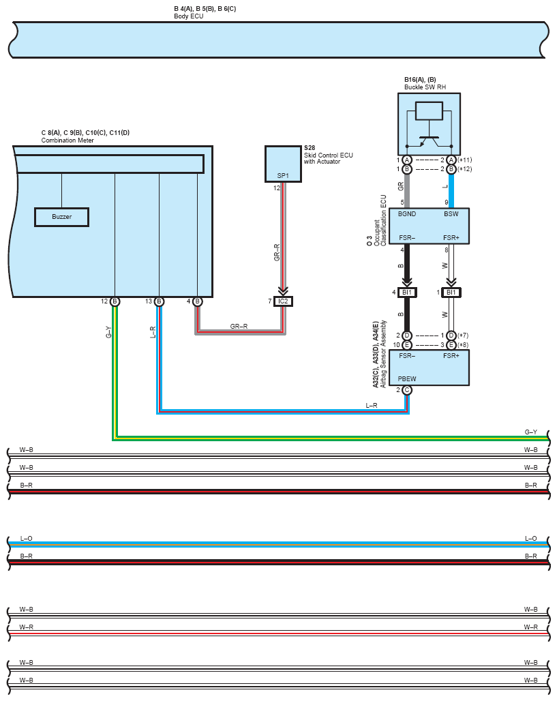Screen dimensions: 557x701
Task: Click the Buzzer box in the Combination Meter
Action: click(61, 217)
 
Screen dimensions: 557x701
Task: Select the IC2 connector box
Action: click(283, 301)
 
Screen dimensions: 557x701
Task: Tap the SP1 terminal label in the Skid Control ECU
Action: click(283, 176)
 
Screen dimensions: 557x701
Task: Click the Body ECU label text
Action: click(189, 16)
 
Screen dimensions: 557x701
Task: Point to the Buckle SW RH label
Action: click(425, 87)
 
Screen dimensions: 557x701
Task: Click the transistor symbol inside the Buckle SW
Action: click(428, 140)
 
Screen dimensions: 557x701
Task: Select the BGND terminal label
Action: click(407, 214)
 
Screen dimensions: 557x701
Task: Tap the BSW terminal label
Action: click(451, 214)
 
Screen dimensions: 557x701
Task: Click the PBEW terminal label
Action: click(407, 378)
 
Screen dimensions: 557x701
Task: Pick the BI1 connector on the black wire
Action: click(407, 293)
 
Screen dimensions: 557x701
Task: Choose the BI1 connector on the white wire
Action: click(451, 293)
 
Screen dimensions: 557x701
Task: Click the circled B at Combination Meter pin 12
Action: click(115, 301)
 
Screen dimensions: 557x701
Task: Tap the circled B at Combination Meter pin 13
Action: click(159, 301)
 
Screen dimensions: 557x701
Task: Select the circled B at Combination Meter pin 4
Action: click(197, 301)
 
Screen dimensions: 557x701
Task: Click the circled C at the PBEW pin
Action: click(407, 390)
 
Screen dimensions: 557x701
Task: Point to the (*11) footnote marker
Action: click(465, 160)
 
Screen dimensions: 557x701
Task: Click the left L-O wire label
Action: click(27, 538)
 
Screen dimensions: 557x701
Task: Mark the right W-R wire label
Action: click(530, 627)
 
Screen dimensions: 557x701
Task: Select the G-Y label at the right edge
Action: click(530, 432)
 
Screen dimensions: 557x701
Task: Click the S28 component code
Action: click(310, 148)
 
